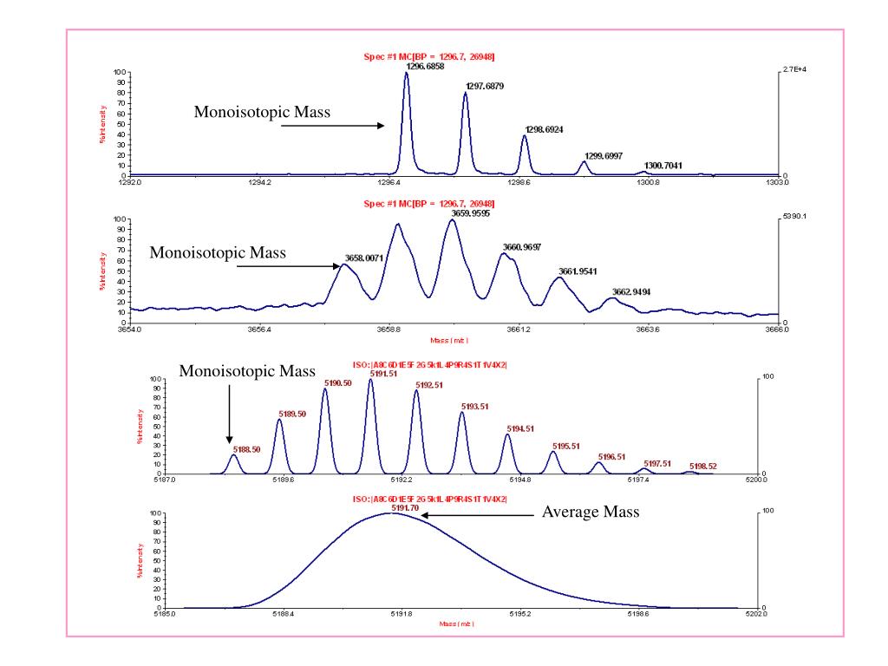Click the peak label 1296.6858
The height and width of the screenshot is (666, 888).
[x=425, y=66]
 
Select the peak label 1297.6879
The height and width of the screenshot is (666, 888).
[x=485, y=86]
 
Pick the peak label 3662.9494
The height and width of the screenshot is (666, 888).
[x=632, y=291]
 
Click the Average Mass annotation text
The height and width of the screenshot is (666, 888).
[x=591, y=513]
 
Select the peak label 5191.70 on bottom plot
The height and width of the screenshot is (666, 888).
[x=404, y=507]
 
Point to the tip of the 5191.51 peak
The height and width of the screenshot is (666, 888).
[x=370, y=380]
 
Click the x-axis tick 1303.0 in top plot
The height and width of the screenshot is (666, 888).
[x=777, y=183]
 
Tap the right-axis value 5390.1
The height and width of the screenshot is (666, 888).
[x=794, y=218]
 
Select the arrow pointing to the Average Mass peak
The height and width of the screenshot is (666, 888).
[x=478, y=515]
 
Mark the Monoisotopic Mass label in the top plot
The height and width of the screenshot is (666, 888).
[x=262, y=112]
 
